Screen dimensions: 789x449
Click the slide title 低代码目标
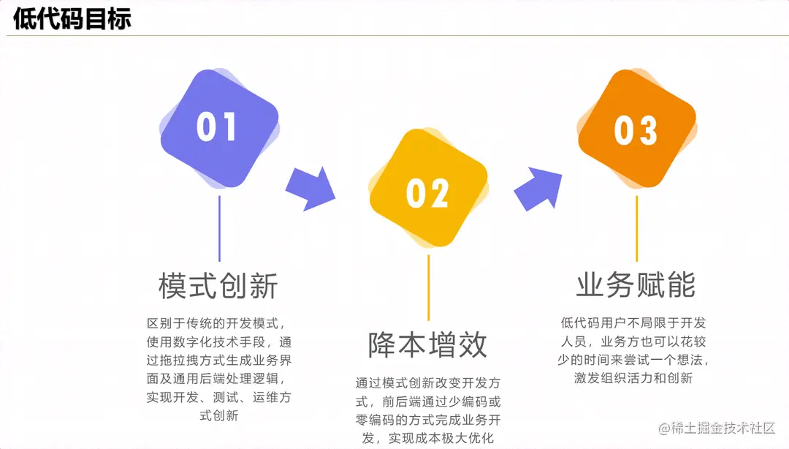(x=72, y=18)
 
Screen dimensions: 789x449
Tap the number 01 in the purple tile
(x=217, y=127)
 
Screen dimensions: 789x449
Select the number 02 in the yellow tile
(x=427, y=194)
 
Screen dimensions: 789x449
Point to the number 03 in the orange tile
(x=636, y=132)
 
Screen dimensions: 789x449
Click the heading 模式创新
(x=218, y=286)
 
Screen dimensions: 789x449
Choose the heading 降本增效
(x=427, y=344)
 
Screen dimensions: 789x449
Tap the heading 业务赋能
(x=636, y=285)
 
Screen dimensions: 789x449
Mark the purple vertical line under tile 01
(x=219, y=228)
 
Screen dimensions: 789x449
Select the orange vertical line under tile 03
(x=636, y=228)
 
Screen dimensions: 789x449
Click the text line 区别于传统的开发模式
(x=218, y=322)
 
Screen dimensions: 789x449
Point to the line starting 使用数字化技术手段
(x=218, y=342)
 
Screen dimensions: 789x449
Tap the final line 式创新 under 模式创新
(x=218, y=416)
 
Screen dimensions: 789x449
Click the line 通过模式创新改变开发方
(x=427, y=382)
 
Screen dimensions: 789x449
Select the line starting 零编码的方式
(x=427, y=420)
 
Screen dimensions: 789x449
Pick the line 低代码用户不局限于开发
(x=635, y=322)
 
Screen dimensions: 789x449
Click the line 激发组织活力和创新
(x=635, y=378)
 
